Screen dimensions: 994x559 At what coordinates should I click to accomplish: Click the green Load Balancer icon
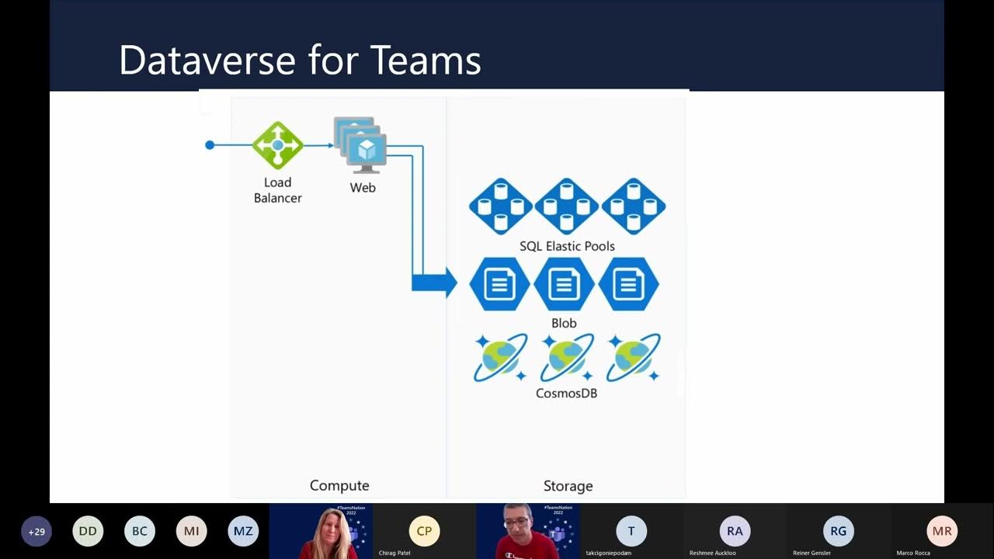coord(277,145)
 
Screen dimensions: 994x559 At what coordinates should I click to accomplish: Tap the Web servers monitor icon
coord(361,145)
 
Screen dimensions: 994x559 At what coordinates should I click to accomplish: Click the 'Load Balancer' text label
coord(277,190)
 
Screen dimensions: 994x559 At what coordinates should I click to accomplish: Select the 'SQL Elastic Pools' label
coord(567,246)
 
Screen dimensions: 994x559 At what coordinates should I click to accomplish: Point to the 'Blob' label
coord(564,323)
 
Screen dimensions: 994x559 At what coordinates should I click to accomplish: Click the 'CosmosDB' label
coord(566,393)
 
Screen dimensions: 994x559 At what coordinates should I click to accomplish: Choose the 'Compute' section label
coord(339,485)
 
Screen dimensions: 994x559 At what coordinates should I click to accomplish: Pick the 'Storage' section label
coord(568,486)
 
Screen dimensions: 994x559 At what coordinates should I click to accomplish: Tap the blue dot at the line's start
coord(210,145)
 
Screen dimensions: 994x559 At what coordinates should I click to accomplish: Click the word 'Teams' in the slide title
coord(425,61)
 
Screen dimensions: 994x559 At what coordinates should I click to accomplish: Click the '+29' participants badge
coord(36,532)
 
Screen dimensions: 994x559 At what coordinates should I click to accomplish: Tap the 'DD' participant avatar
coord(88,532)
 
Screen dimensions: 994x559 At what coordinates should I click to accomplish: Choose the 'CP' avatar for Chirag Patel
coord(424,531)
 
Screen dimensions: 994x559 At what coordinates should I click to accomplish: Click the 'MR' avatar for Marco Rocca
coord(942,531)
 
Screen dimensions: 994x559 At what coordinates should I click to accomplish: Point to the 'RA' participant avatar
coord(735,531)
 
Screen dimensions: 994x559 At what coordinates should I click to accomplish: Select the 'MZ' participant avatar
coord(243,532)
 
